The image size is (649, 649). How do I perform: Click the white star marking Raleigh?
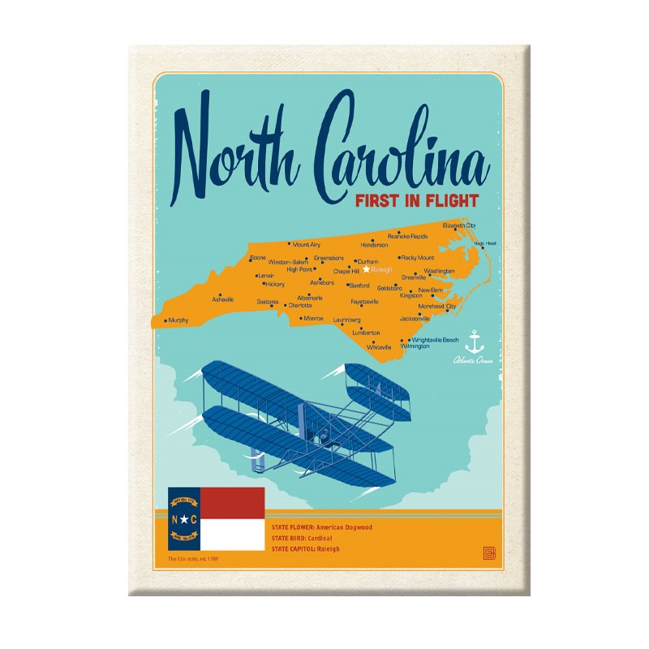366,269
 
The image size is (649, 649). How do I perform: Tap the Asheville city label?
223,299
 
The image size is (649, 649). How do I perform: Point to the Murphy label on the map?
178,320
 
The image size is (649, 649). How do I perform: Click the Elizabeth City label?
459,225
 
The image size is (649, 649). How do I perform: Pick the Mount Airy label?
307,244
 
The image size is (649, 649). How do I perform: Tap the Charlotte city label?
299,306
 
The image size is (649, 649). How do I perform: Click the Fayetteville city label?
365,302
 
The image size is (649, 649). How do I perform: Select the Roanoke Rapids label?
407,236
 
